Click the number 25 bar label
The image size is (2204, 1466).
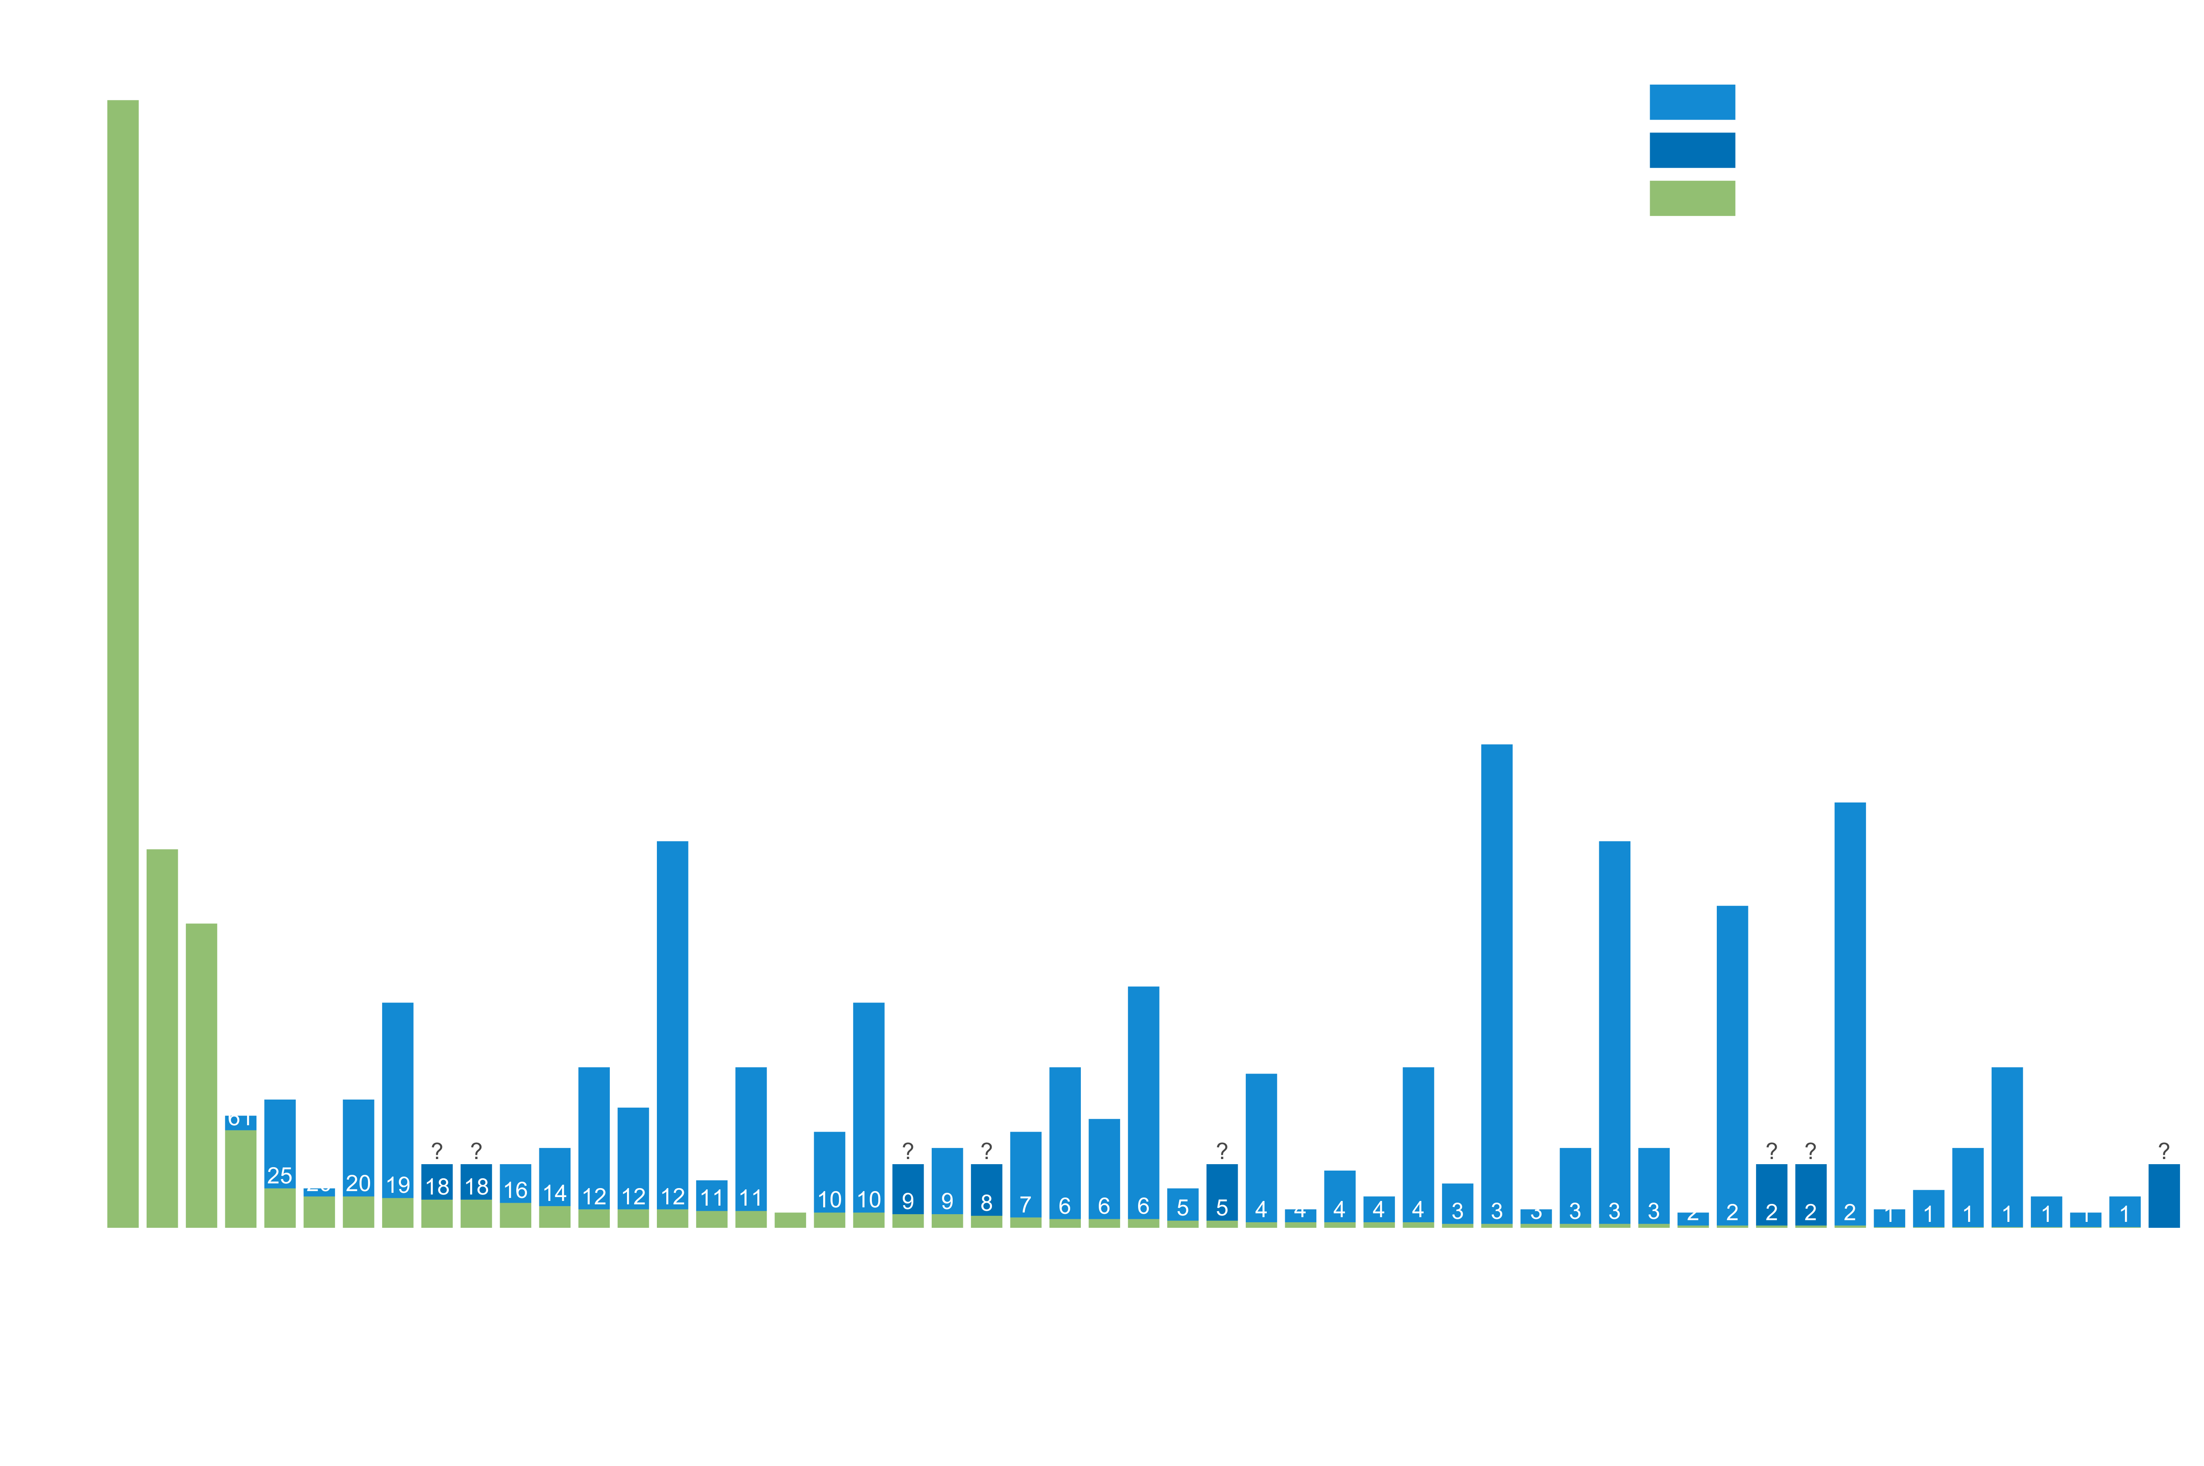point(280,1175)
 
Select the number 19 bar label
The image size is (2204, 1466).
point(397,1185)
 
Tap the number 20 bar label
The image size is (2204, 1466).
point(358,1183)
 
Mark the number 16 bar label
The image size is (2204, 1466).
point(515,1189)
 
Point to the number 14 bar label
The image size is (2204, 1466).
point(554,1192)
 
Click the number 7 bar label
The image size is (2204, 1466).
point(1025,1204)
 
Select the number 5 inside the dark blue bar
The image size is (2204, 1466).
point(1221,1207)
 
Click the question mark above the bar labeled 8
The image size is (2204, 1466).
point(986,1150)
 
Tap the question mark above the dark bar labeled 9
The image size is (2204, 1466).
point(908,1150)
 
